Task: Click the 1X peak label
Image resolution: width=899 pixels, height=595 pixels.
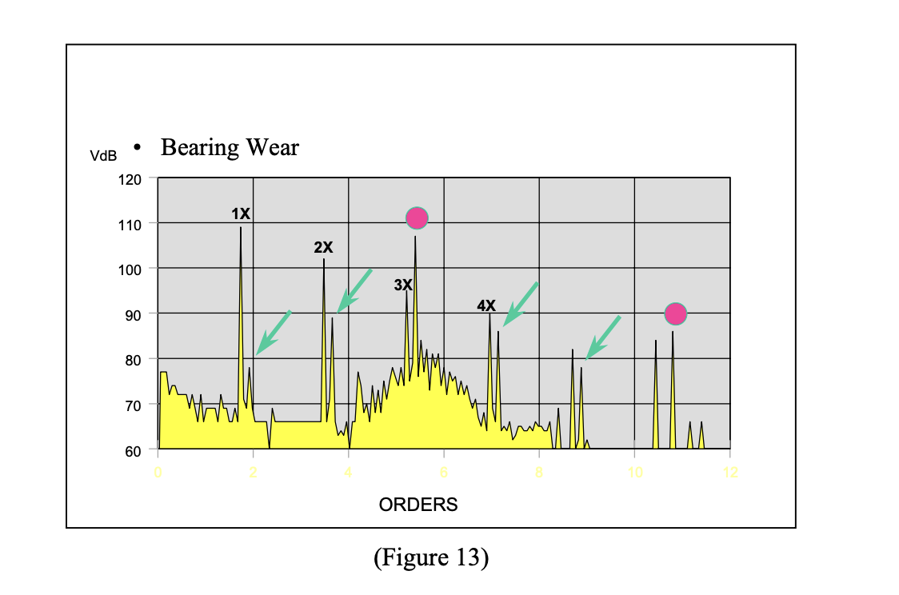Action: [241, 214]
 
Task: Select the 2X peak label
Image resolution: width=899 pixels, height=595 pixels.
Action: [323, 248]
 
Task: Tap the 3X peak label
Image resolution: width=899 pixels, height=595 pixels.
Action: [403, 285]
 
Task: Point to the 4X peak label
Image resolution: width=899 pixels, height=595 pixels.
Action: [486, 305]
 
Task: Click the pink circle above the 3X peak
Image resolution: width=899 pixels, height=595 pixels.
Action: [417, 218]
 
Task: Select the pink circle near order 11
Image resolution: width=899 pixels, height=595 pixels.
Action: [676, 314]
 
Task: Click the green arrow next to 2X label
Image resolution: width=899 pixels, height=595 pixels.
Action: [354, 290]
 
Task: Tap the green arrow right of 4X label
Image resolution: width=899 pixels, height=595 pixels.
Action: [520, 304]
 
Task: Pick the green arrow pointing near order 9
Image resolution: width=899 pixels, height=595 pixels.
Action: [603, 337]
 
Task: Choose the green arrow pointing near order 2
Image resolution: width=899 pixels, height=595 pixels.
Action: [273, 333]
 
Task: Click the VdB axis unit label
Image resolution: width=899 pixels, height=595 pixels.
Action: [103, 154]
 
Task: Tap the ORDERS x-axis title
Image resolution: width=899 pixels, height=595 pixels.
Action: [418, 505]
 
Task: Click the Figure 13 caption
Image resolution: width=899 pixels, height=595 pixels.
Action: [430, 557]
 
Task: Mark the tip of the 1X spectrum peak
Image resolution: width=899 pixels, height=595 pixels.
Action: [241, 228]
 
